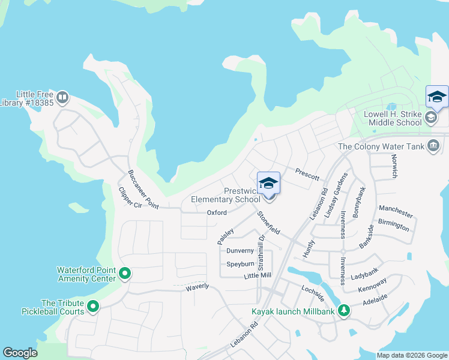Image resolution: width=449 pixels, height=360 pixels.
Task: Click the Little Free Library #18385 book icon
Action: [x=62, y=97]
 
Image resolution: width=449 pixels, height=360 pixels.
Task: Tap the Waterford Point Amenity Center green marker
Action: [x=125, y=274]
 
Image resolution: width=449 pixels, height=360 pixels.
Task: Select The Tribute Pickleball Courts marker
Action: [x=93, y=307]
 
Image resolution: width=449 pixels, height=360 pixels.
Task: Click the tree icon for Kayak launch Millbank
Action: [x=343, y=311]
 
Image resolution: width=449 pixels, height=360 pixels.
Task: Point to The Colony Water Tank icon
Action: [x=433, y=146]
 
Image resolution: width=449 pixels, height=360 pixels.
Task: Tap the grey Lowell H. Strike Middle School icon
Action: [x=430, y=118]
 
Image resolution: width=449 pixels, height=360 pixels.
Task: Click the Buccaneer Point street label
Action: [x=143, y=190]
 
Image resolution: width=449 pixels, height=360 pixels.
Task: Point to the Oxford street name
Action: [x=217, y=213]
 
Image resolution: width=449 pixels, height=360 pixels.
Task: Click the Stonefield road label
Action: [x=268, y=223]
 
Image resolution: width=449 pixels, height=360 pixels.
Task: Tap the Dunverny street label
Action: [x=240, y=251]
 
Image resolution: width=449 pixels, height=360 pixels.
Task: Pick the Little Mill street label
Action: [x=258, y=276]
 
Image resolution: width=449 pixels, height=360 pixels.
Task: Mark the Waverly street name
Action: [x=197, y=287]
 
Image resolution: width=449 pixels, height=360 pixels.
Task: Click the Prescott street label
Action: [x=307, y=172]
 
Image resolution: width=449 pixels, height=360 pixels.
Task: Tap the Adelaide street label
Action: [x=374, y=298]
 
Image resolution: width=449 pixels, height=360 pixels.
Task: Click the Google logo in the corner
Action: [x=20, y=353]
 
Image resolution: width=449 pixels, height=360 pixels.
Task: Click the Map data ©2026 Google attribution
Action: [x=411, y=355]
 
